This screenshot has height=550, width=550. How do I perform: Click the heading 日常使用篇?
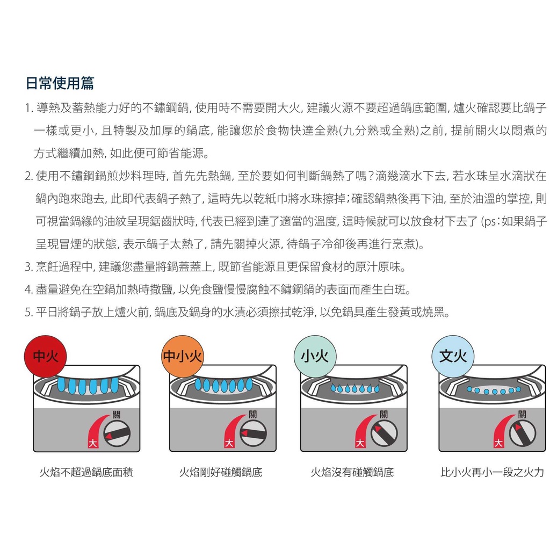[x=60, y=83]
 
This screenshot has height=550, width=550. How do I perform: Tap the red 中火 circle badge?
[x=45, y=357]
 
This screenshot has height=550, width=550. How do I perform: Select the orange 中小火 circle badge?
[x=183, y=357]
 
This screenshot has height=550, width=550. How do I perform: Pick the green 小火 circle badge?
[x=315, y=357]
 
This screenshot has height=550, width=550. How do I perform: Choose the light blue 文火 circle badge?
[x=453, y=357]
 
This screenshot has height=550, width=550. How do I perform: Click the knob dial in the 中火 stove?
[x=117, y=433]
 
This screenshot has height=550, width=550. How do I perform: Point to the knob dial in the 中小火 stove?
[x=253, y=433]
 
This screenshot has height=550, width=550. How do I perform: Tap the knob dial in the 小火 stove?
[x=384, y=433]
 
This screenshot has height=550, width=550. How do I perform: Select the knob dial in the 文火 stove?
[x=522, y=433]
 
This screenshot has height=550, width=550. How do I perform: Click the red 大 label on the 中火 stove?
[x=92, y=443]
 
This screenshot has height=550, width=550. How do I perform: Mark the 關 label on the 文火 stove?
[x=522, y=414]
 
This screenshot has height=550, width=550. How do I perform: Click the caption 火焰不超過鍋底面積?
[x=86, y=472]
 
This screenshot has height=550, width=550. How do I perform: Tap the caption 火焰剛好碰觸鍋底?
[x=221, y=472]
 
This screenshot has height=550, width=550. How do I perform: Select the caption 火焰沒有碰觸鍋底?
[x=352, y=472]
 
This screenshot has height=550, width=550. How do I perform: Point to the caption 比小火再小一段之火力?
[x=492, y=472]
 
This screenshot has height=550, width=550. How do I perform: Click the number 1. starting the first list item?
[x=29, y=108]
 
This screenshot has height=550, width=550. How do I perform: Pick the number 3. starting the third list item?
[x=29, y=267]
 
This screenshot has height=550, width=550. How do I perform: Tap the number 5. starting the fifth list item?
[x=29, y=312]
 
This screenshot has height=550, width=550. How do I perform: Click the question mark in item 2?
[x=369, y=176]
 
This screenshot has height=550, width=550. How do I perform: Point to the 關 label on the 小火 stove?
[x=383, y=414]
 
